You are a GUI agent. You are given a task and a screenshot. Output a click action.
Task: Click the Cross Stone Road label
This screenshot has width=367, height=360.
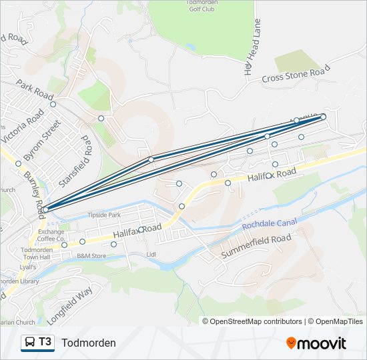point(296,74)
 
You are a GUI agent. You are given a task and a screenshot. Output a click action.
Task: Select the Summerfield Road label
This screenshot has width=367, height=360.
point(256,245)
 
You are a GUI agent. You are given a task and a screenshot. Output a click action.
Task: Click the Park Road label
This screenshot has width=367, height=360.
point(35,91)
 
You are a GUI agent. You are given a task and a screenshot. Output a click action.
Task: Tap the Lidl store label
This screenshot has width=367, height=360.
point(150,254)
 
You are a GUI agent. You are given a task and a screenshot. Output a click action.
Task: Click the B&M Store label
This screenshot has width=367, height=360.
point(91,255)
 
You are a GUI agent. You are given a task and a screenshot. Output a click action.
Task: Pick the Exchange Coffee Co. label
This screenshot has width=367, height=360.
point(51,235)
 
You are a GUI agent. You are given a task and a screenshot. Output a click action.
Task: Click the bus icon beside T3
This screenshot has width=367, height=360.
point(30,343)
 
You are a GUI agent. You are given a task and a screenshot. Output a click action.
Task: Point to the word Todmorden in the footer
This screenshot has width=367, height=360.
point(89,343)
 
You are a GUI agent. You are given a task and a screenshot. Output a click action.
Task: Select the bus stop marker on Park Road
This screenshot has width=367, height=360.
point(53,104)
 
